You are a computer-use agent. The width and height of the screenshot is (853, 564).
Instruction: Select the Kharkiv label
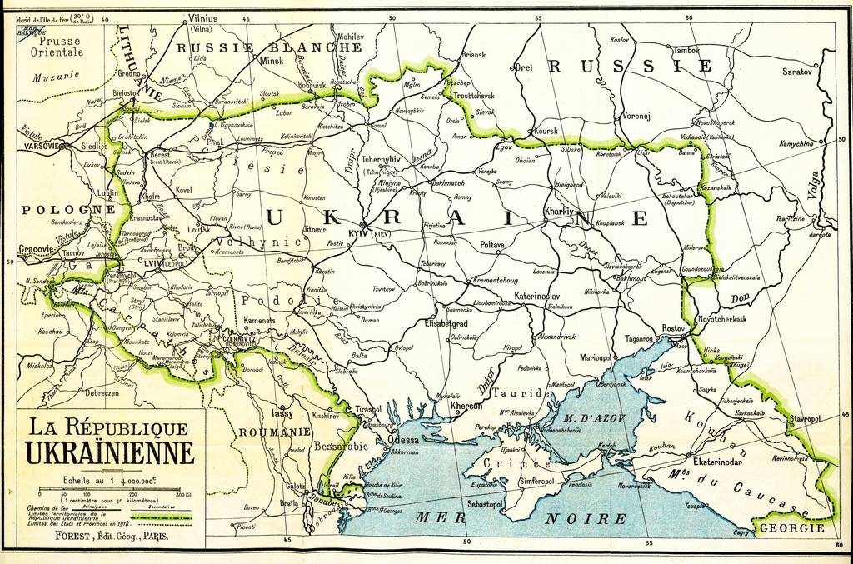click(559, 212)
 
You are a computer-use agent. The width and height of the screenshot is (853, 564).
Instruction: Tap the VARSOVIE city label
click(40, 146)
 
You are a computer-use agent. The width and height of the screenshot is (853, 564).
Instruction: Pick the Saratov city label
click(796, 72)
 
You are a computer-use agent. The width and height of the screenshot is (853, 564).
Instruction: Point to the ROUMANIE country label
click(274, 432)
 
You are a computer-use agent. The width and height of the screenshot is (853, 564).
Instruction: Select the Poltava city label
click(492, 245)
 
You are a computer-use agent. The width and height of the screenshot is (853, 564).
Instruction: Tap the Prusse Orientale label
click(57, 46)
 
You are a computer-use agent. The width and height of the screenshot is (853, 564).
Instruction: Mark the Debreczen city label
click(102, 392)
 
